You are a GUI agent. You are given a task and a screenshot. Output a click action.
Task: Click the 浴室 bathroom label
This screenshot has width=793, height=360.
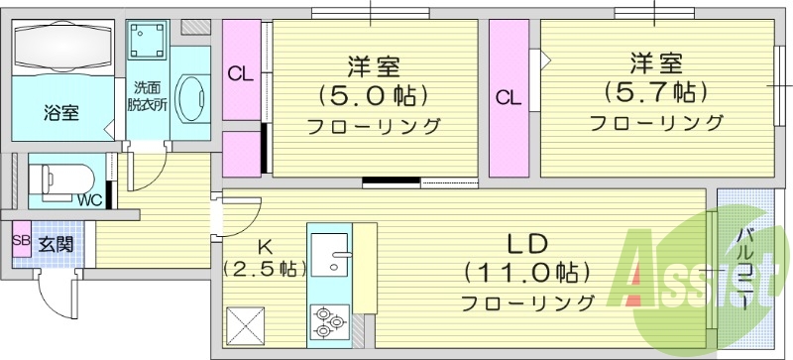point(61,112)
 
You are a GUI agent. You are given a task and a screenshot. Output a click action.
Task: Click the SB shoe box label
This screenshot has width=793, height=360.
point(21,239)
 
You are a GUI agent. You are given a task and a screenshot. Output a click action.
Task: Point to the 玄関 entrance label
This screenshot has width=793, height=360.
point(55,240)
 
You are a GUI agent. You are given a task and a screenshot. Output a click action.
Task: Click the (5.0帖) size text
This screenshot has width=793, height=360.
point(373,97)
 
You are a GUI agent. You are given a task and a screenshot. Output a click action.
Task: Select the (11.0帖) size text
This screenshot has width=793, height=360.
point(528,271)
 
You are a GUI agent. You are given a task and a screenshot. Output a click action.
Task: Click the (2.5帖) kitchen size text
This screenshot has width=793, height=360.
point(265,269)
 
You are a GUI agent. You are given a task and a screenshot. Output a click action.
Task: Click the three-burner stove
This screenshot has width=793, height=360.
point(328,320)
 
